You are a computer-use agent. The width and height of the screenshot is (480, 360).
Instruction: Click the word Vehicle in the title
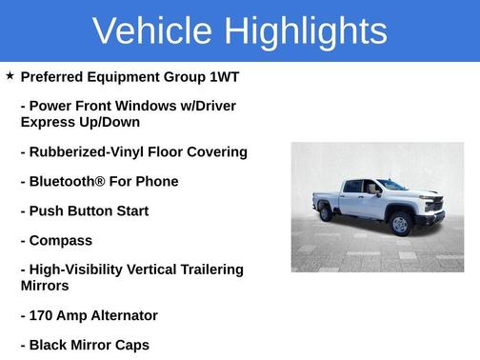(x=152, y=30)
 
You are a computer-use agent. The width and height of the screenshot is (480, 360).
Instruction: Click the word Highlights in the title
(x=306, y=31)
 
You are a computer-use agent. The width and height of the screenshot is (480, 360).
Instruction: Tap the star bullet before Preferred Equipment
(x=10, y=75)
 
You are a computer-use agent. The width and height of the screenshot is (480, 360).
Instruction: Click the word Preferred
(x=54, y=76)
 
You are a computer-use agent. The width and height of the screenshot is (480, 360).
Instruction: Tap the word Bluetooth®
(x=66, y=181)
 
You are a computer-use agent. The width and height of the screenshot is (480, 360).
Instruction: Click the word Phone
(x=157, y=181)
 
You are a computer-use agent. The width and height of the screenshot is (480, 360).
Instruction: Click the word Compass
(x=61, y=240)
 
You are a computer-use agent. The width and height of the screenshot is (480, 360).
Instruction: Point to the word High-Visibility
(x=78, y=270)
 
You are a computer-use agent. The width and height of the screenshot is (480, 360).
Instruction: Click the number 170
(x=44, y=315)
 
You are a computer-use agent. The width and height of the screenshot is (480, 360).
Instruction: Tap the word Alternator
(x=120, y=315)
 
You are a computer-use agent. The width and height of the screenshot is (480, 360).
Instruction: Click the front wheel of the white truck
(x=400, y=225)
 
